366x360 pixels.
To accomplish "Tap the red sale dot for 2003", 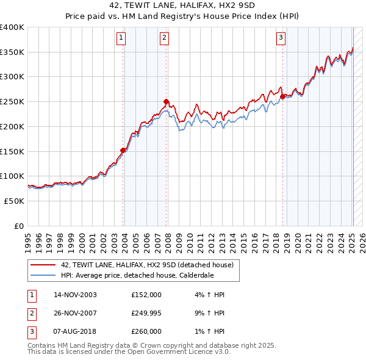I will (x=123, y=150).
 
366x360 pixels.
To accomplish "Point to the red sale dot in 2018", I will (x=282, y=96).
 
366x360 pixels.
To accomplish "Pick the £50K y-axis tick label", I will (x=14, y=201).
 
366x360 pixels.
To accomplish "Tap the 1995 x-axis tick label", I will (x=27, y=241).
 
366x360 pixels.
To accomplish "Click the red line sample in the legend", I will (x=43, y=265).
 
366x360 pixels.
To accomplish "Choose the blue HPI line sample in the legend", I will (x=43, y=275).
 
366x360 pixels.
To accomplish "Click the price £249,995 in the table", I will (x=147, y=313).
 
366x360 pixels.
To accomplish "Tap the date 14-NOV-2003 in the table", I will (x=76, y=295).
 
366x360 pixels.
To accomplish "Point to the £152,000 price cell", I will (x=146, y=295).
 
